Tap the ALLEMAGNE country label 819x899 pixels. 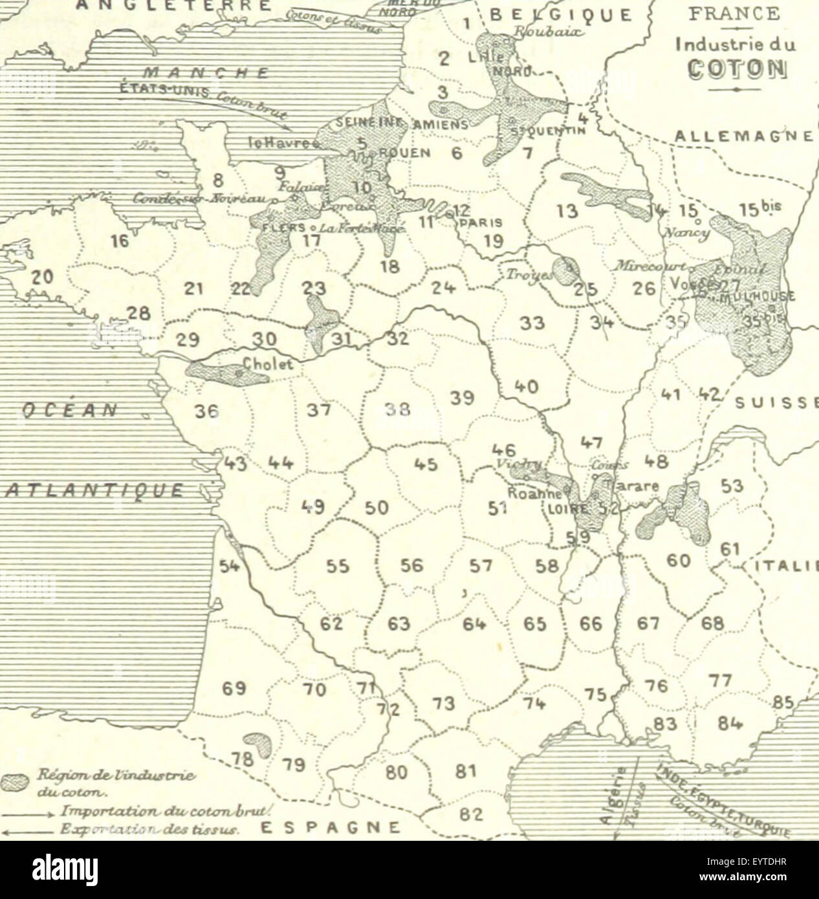coord(743,136)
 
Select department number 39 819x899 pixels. coord(463,398)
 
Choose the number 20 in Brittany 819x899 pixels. coord(41,277)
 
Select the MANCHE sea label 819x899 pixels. coord(206,72)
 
